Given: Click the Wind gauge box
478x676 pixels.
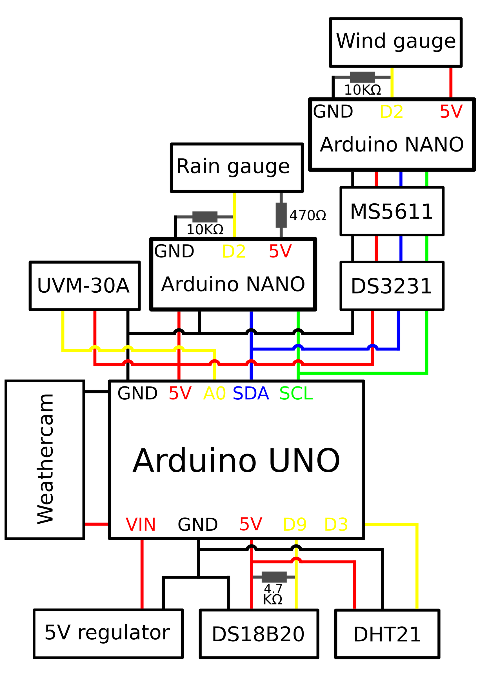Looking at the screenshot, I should coord(395,43).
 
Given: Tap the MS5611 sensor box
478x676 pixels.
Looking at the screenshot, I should coord(392,212).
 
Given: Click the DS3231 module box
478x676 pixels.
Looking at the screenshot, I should coord(392,286).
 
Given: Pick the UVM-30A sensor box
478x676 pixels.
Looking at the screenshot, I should coord(84,286).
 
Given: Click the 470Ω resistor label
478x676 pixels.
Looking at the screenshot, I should coord(308,215).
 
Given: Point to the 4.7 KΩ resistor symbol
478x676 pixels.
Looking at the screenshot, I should coord(274,577).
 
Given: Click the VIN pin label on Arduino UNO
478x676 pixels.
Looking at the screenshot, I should coord(141,524).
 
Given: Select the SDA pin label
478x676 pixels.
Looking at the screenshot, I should coord(251,394).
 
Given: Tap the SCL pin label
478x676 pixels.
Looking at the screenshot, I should coord(296,394).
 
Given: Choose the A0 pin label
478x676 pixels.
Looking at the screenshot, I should coord(214,394).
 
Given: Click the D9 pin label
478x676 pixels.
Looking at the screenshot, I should coord(295,524).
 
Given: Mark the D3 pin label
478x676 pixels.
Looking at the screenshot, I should coord(336,524).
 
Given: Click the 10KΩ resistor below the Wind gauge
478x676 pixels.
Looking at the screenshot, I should coord(362,77).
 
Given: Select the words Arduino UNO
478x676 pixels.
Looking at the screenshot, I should coord(236,461).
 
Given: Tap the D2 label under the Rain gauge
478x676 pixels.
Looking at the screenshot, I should coord(234,252).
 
